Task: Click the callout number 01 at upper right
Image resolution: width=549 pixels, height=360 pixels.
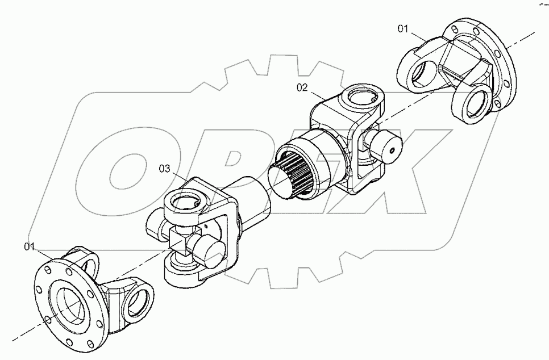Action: (x=402, y=28)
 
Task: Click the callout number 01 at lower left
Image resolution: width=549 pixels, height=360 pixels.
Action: (x=30, y=246)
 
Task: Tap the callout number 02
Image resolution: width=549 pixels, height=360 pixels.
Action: (x=302, y=87)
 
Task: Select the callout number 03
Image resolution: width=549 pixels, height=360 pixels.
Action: (x=164, y=169)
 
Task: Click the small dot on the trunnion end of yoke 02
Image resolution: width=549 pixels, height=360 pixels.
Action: (x=392, y=151)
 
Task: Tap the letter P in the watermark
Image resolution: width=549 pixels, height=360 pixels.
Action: (x=227, y=165)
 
